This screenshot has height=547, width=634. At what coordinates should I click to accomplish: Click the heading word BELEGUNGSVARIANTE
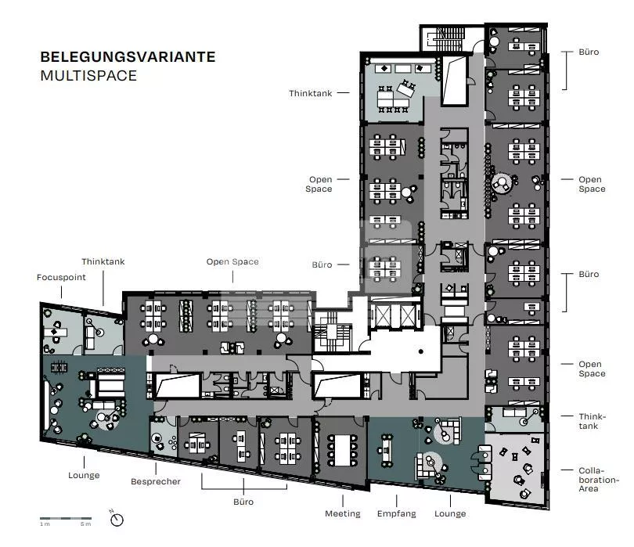(x=128, y=57)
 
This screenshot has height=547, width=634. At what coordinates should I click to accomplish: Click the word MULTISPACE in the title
(x=88, y=76)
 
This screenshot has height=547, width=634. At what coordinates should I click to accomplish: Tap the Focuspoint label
(x=61, y=277)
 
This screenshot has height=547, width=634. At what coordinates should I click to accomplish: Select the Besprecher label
(x=156, y=481)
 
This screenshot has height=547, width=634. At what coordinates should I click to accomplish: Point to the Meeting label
(x=343, y=513)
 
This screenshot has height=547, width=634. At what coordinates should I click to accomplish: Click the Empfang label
(x=396, y=513)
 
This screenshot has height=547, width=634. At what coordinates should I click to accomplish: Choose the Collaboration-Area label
(x=599, y=480)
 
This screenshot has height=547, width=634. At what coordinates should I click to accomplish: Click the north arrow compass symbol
(x=117, y=519)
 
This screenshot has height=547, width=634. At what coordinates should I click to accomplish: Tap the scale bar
(x=66, y=518)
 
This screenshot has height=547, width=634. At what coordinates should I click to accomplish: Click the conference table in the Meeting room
(x=343, y=451)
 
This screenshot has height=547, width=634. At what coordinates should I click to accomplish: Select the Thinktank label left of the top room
(x=310, y=93)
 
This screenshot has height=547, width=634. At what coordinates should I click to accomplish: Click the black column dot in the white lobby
(x=421, y=351)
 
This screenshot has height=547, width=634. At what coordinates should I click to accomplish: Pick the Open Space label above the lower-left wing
(x=232, y=261)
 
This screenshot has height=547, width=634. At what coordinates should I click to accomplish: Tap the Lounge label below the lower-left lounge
(x=84, y=475)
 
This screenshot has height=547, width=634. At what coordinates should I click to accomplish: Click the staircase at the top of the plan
(x=446, y=39)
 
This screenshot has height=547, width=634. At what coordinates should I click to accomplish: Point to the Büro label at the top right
(x=589, y=52)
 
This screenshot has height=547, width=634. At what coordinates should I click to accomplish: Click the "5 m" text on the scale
(x=86, y=524)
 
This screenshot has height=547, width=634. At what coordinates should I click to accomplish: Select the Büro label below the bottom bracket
(x=243, y=502)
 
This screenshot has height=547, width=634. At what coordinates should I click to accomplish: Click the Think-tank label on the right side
(x=592, y=421)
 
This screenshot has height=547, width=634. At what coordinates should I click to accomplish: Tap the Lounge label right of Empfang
(x=450, y=513)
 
